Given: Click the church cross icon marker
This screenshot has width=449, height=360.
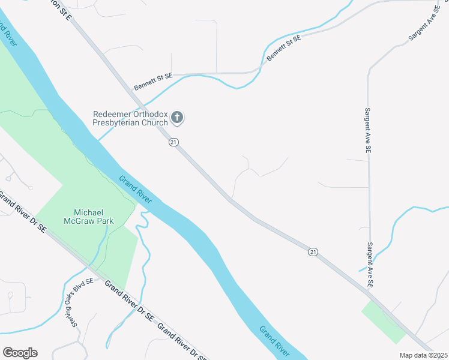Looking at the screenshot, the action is [177, 118].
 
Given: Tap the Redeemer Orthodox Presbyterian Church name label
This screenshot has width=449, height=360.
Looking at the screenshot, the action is [130, 118].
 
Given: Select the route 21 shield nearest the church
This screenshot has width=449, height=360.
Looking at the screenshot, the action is [173, 142].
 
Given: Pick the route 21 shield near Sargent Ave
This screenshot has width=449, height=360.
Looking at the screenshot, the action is [313, 252].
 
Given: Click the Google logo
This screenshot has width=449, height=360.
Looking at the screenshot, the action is [20, 353].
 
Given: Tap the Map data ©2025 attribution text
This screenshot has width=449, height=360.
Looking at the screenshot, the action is [423, 355].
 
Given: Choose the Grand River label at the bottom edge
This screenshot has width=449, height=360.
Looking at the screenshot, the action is [275, 340].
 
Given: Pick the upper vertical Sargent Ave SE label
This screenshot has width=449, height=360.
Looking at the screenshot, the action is [369, 129].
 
